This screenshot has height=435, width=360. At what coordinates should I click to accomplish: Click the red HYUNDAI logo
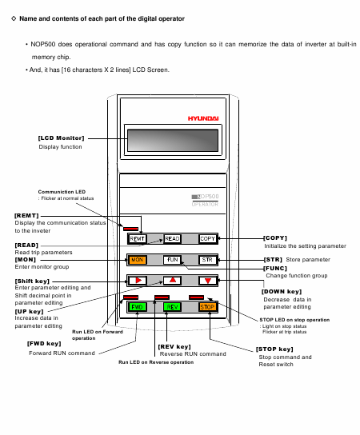point(203,118)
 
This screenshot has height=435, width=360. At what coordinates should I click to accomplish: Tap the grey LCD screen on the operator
point(173,141)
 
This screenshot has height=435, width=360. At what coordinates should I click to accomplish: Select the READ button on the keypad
point(172,238)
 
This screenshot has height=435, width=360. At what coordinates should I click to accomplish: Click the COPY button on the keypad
point(207,238)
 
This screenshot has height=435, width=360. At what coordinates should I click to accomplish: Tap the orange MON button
point(137,260)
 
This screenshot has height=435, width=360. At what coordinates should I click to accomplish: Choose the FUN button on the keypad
point(172,260)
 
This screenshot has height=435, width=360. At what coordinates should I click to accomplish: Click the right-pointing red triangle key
point(138,281)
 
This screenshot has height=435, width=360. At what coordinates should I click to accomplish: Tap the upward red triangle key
point(172,281)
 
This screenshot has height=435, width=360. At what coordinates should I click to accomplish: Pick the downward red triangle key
point(208,281)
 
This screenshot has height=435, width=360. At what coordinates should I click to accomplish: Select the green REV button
point(172,307)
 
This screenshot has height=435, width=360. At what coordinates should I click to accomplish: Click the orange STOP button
point(207,307)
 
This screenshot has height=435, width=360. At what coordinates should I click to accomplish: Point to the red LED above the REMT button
point(130,229)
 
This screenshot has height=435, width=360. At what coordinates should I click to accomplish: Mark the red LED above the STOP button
point(196,297)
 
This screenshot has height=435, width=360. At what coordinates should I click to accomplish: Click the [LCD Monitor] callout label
point(61,138)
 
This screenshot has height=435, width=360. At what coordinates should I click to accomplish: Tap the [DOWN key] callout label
point(282,292)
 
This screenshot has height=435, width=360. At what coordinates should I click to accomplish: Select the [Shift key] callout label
point(32,281)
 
